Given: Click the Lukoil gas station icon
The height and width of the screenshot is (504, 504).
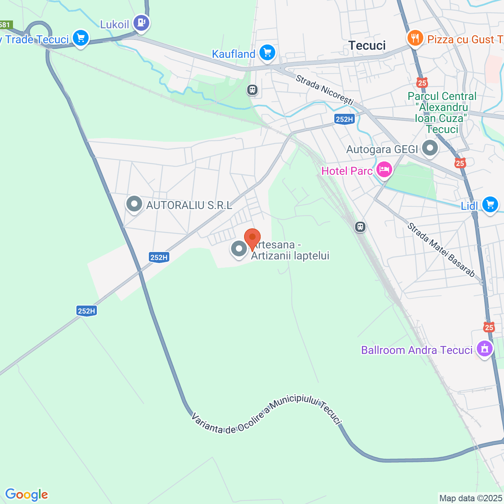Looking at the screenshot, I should pyautogui.click(x=141, y=22).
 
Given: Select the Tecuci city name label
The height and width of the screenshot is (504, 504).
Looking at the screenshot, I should pyautogui.click(x=367, y=46).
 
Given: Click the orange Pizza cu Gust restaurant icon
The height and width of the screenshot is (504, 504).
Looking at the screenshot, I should pyautogui.click(x=415, y=38).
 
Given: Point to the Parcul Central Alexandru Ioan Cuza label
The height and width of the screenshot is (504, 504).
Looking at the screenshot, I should pyautogui.click(x=442, y=113).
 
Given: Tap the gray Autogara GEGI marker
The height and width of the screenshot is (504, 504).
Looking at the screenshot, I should pyautogui.click(x=430, y=148).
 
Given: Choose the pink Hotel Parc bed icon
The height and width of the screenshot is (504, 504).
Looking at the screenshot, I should pyautogui.click(x=384, y=170).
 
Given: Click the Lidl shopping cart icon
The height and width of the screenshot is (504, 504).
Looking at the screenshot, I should pyautogui.click(x=490, y=204).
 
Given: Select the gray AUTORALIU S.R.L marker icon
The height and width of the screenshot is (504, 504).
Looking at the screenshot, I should pyautogui.click(x=134, y=204).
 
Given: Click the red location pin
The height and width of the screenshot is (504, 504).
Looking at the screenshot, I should pyautogui.click(x=252, y=238).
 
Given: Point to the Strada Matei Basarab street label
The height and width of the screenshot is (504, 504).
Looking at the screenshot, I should pyautogui.click(x=441, y=250).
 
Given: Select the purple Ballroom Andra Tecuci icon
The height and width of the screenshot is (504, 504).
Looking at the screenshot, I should pyautogui.click(x=484, y=348).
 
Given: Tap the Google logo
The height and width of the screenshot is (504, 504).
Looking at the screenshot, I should pyautogui.click(x=26, y=495).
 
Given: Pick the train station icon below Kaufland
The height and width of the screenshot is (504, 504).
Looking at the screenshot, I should pyautogui.click(x=252, y=90).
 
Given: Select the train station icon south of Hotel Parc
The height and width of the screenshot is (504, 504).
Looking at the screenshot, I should pyautogui.click(x=360, y=227).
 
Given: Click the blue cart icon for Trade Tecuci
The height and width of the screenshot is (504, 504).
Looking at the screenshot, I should pyautogui.click(x=81, y=38).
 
